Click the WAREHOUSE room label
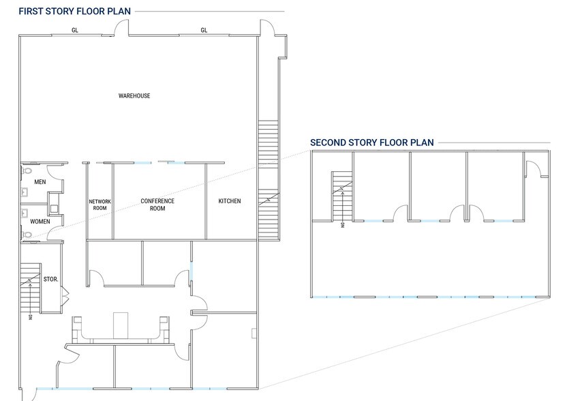pyautogui.click(x=134, y=96)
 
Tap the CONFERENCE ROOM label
pyautogui.click(x=157, y=205)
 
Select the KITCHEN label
pyautogui.click(x=230, y=201)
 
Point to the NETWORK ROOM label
pyautogui.click(x=99, y=205)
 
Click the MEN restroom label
pyautogui.click(x=40, y=181)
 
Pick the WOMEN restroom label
pyautogui.click(x=40, y=221)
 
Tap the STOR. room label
pyautogui.click(x=50, y=279)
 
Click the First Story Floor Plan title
pyautogui.click(x=74, y=11)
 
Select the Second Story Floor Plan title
pyautogui.click(x=371, y=143)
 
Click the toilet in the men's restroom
pyautogui.click(x=27, y=170)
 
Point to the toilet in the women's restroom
pyautogui.click(x=27, y=235)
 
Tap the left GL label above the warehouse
pyautogui.click(x=75, y=31)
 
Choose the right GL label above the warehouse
pyautogui.click(x=204, y=31)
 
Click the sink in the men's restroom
pyautogui.click(x=25, y=192)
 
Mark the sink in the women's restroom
pyautogui.click(x=25, y=213)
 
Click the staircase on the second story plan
pyautogui.click(x=342, y=196)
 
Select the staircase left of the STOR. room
pyautogui.click(x=31, y=288)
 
